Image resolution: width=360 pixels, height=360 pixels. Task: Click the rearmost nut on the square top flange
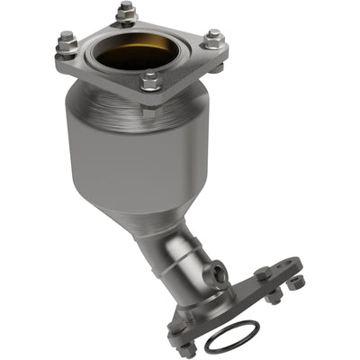pyautogui.click(x=124, y=13)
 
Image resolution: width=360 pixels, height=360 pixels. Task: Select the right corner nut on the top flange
pyautogui.click(x=212, y=39)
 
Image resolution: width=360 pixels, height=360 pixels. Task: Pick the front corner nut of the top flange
pyautogui.click(x=151, y=80)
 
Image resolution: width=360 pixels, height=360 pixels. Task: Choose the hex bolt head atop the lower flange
pyautogui.click(x=262, y=274)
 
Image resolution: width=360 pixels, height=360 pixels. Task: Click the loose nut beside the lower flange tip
pyautogui.click(x=297, y=283)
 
